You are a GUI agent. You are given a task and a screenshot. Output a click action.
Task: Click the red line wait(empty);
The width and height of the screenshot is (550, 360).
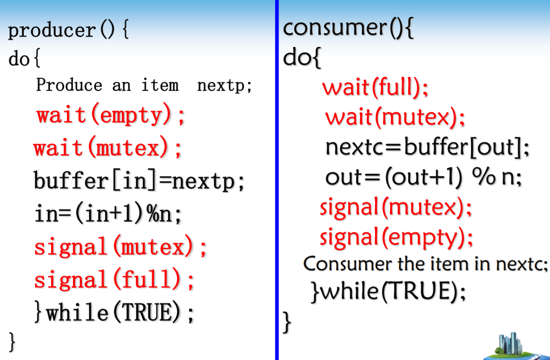click(111, 115)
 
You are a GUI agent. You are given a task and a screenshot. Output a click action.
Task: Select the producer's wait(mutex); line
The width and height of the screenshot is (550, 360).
click(107, 149)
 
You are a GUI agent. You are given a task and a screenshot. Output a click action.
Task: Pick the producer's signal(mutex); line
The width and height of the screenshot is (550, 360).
click(120, 247)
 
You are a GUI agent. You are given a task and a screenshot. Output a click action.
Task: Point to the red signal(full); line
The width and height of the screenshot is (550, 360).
click(114, 280)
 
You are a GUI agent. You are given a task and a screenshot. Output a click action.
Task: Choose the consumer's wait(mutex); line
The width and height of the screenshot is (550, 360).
click(396, 117)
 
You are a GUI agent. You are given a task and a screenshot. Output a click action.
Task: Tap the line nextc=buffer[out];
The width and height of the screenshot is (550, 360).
click(427, 147)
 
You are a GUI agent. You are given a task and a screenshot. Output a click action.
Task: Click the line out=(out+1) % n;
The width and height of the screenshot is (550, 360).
click(424, 177)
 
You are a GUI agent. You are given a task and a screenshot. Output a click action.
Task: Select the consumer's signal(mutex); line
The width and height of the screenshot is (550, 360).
click(396, 207)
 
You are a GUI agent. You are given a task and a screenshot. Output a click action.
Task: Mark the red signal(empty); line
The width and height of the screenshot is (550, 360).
click(396, 237)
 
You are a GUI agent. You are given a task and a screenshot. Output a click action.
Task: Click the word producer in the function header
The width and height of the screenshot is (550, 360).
click(51, 31)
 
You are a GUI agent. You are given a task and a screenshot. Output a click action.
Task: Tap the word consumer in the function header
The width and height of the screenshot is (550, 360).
click(333, 28)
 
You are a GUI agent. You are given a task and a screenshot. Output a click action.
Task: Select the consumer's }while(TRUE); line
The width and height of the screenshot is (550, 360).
click(389, 293)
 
